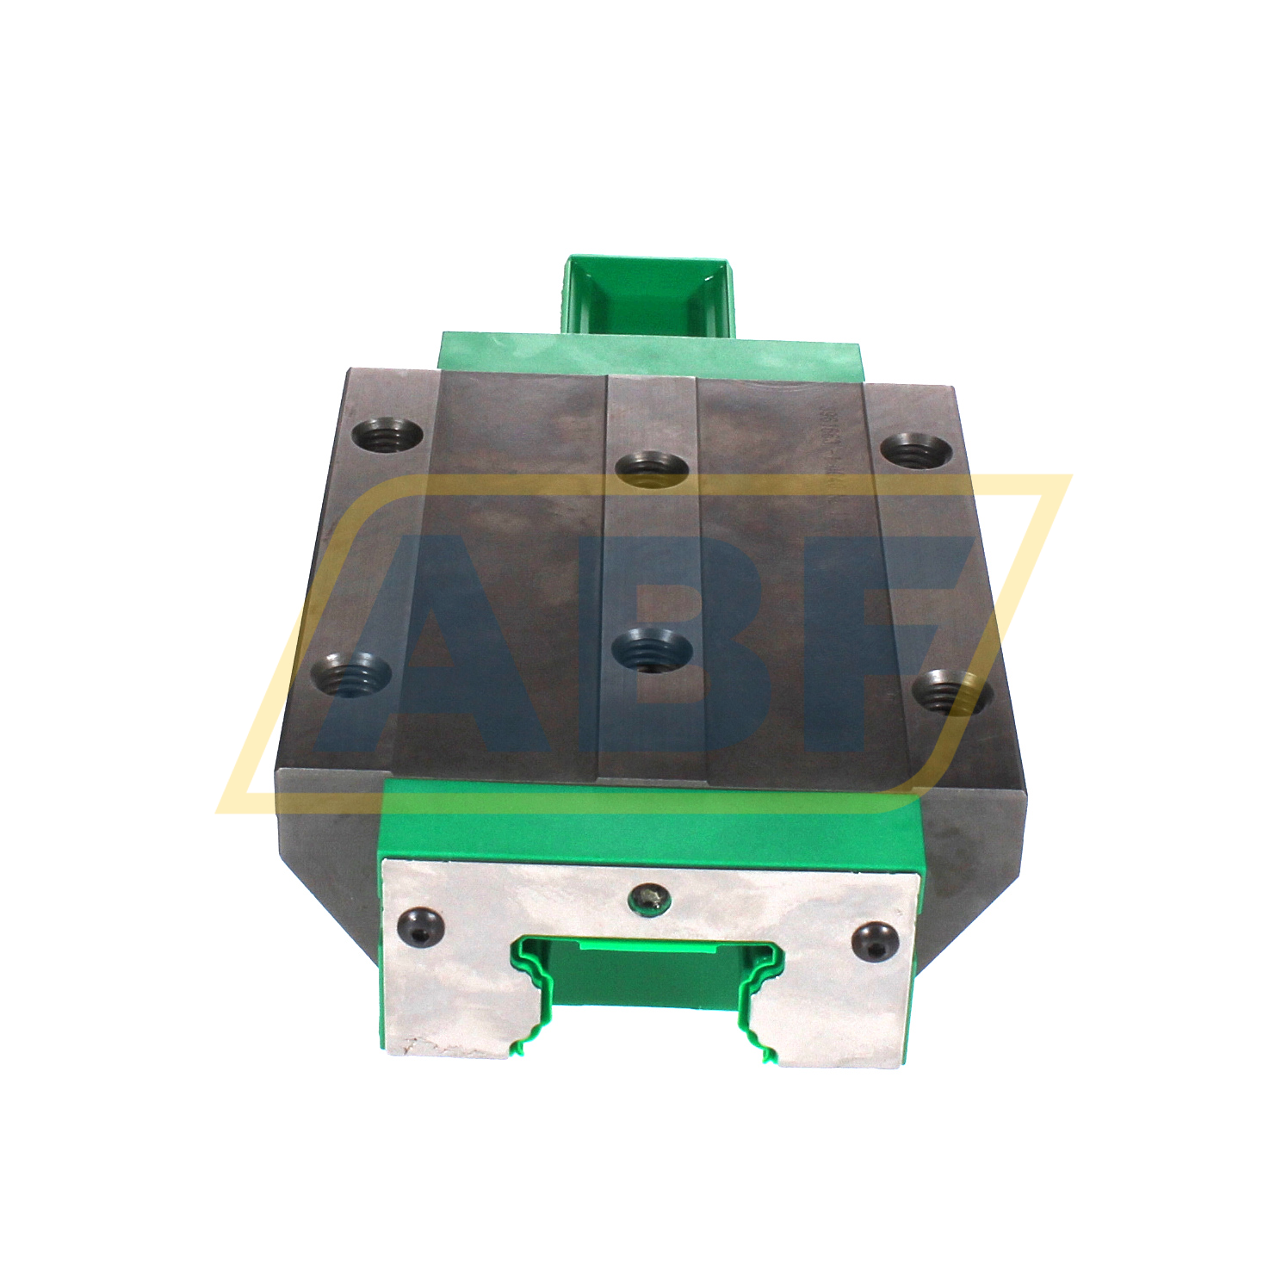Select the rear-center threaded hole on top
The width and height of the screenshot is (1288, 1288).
coord(652,470)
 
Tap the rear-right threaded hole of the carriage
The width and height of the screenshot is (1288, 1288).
coord(915,450)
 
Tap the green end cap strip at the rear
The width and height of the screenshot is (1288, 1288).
coord(650,353)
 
